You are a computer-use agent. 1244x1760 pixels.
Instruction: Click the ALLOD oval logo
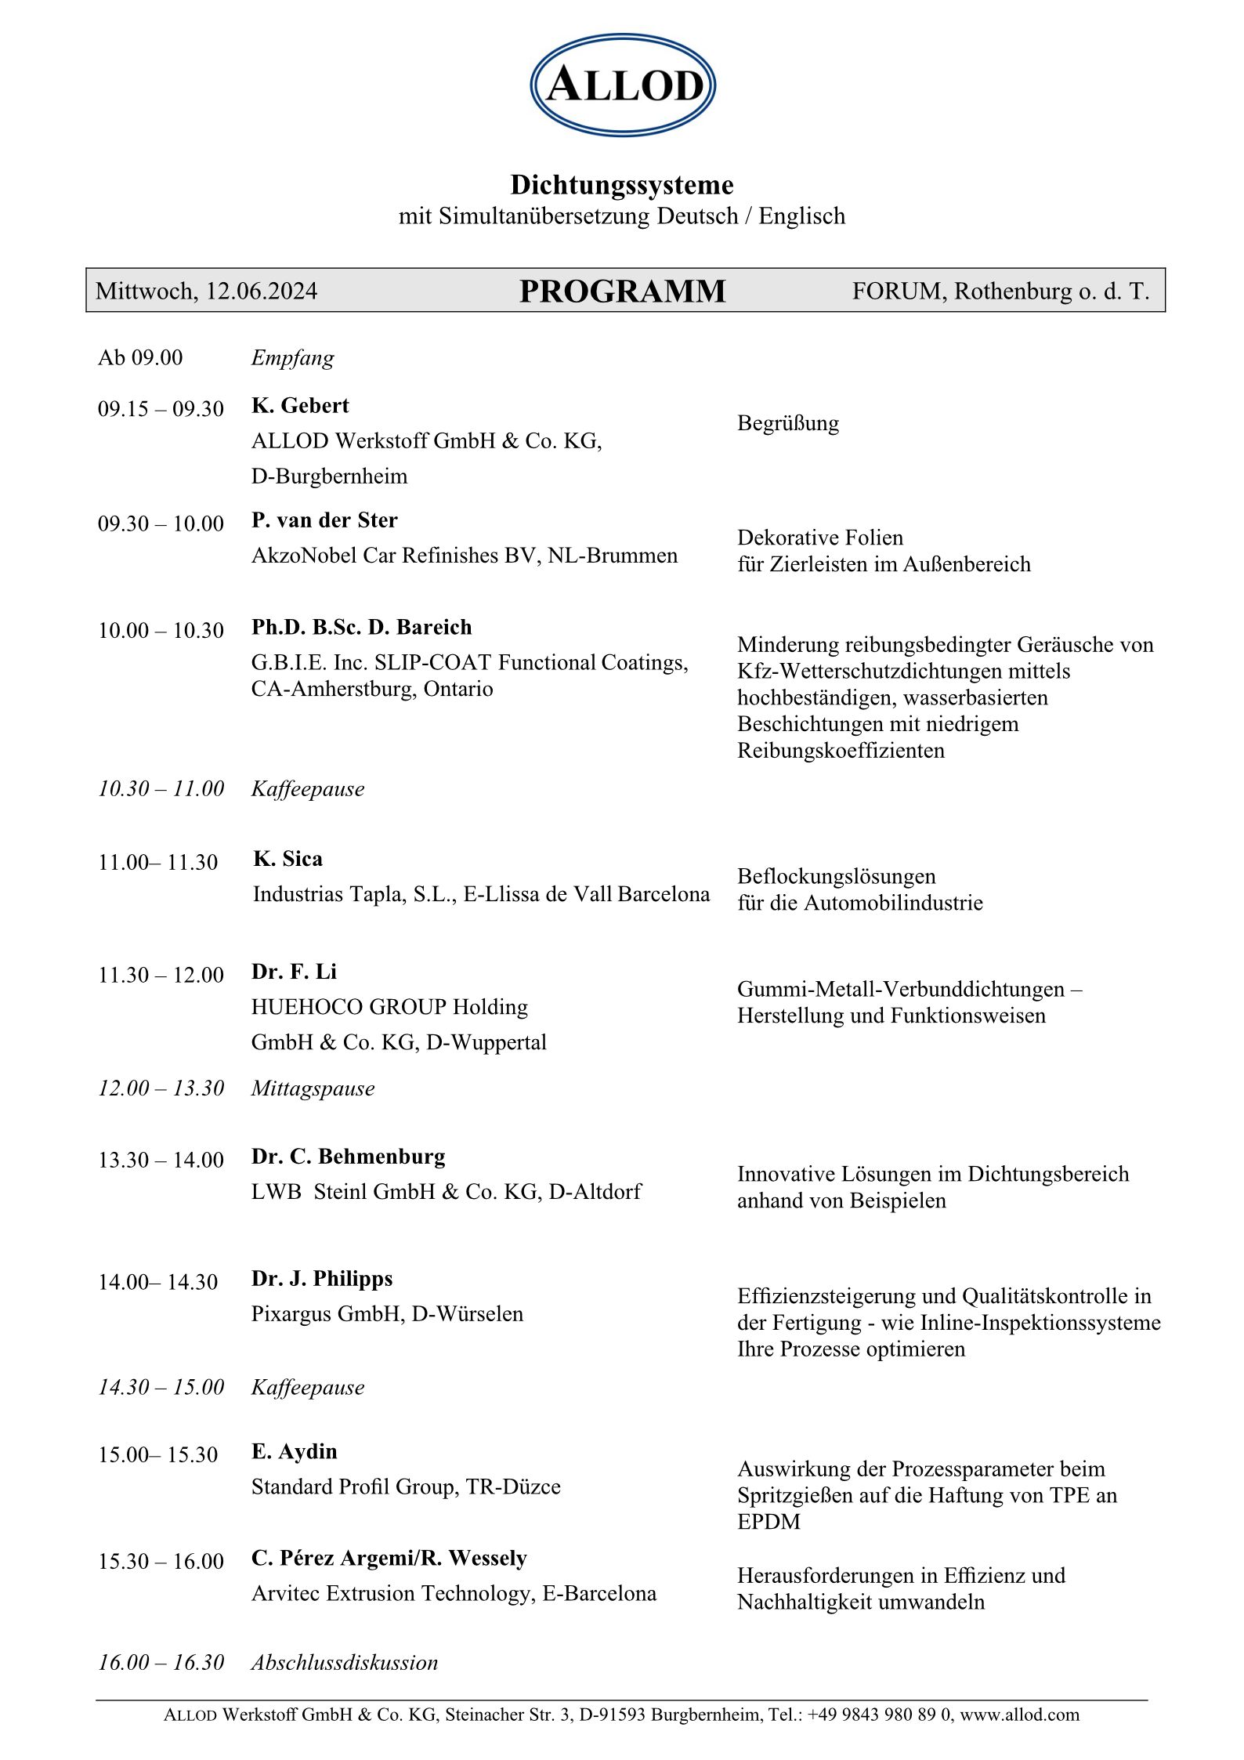(x=623, y=85)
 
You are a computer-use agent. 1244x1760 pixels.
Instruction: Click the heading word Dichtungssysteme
(x=622, y=185)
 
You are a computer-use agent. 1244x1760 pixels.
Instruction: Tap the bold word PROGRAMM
(x=622, y=292)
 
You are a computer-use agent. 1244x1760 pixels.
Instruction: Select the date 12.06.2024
(x=262, y=292)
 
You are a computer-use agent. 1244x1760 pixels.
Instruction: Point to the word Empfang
(x=292, y=358)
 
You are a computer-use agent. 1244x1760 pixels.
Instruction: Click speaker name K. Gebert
(x=300, y=405)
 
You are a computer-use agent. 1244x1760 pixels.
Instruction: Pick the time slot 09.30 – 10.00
(x=161, y=523)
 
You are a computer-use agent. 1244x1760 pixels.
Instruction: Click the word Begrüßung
(x=787, y=423)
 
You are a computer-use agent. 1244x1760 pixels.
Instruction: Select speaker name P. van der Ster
(x=324, y=520)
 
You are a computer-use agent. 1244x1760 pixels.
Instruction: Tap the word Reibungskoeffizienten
(x=841, y=751)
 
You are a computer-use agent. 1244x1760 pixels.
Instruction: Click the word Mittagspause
(x=313, y=1088)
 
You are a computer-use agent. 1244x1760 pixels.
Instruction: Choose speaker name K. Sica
(x=287, y=859)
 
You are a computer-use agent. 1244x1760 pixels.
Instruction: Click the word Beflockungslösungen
(x=836, y=876)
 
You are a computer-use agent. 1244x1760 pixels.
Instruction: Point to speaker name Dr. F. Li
(x=294, y=972)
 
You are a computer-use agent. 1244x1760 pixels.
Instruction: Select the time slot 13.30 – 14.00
(x=161, y=1160)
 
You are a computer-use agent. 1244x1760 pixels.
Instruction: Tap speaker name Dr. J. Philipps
(x=322, y=1279)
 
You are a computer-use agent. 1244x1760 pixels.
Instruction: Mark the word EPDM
(x=768, y=1522)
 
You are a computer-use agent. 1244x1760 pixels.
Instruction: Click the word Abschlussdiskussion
(x=344, y=1663)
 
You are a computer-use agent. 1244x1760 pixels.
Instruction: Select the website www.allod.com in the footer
(x=1019, y=1715)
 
